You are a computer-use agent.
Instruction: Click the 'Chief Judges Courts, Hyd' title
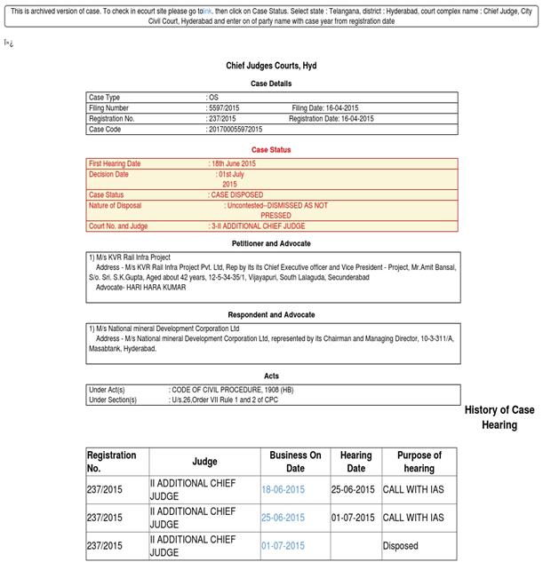pyautogui.click(x=271, y=67)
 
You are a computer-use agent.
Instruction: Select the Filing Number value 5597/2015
pyautogui.click(x=224, y=108)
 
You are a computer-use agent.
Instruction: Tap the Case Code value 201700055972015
pyautogui.click(x=236, y=130)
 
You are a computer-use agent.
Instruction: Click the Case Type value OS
pyautogui.click(x=213, y=98)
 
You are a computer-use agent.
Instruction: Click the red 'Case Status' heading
pyautogui.click(x=271, y=150)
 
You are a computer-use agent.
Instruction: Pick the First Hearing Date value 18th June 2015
pyautogui.click(x=234, y=164)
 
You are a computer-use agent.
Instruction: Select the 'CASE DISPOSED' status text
pyautogui.click(x=236, y=195)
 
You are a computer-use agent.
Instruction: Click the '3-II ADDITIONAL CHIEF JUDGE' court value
pyautogui.click(x=258, y=226)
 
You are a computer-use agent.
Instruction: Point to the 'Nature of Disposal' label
pyautogui.click(x=116, y=206)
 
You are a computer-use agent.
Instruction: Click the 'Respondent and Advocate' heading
pyautogui.click(x=271, y=315)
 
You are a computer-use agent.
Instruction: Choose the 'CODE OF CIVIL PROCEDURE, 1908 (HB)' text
pyautogui.click(x=232, y=390)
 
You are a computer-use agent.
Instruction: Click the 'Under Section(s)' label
pyautogui.click(x=113, y=400)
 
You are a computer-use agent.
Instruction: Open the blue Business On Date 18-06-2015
pyautogui.click(x=283, y=490)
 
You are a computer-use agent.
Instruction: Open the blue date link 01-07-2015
pyautogui.click(x=283, y=546)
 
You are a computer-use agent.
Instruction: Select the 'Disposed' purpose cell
pyautogui.click(x=401, y=546)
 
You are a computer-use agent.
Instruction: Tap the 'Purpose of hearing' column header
pyautogui.click(x=419, y=462)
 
